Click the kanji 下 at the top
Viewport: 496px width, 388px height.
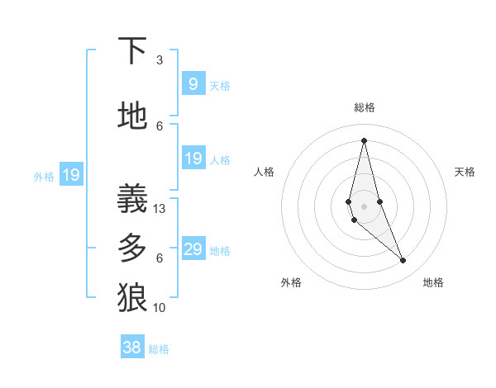coord(132,51)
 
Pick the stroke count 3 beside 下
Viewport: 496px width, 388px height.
coord(160,60)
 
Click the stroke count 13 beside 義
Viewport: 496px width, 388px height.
coord(160,209)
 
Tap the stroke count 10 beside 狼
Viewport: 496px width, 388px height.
coord(160,308)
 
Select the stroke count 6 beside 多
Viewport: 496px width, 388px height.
coord(160,258)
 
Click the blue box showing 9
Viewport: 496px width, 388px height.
coord(193,84)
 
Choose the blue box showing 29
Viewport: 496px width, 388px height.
coord(193,249)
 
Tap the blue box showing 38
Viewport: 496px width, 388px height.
coord(132,348)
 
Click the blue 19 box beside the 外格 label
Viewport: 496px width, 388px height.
coord(70,175)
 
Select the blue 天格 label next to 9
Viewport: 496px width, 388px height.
coord(220,85)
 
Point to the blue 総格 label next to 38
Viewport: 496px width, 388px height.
coord(159,348)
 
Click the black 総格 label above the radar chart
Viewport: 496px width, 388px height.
coord(364,107)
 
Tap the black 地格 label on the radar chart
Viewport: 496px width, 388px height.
coord(433,282)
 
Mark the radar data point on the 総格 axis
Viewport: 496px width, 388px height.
coord(364,140)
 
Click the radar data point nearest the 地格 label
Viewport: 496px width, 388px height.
coord(403,261)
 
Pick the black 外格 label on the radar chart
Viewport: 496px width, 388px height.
coord(291,282)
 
